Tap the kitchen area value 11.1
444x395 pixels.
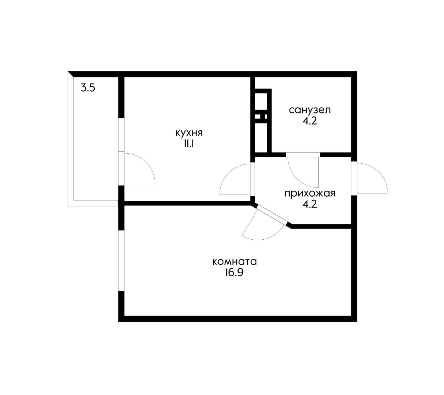pyautogui.click(x=189, y=144)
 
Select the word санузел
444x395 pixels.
pyautogui.click(x=310, y=110)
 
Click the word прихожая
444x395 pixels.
pyautogui.click(x=310, y=194)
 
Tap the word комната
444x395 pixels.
pyautogui.click(x=234, y=262)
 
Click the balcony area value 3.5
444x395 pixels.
pyautogui.click(x=88, y=88)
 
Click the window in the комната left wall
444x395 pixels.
pyautogui.click(x=121, y=261)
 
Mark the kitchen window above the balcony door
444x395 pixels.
pyautogui.click(x=121, y=135)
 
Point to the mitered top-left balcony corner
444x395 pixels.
pyautogui.click(x=71, y=74)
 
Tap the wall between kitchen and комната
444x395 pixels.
pyautogui.click(x=187, y=203)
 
